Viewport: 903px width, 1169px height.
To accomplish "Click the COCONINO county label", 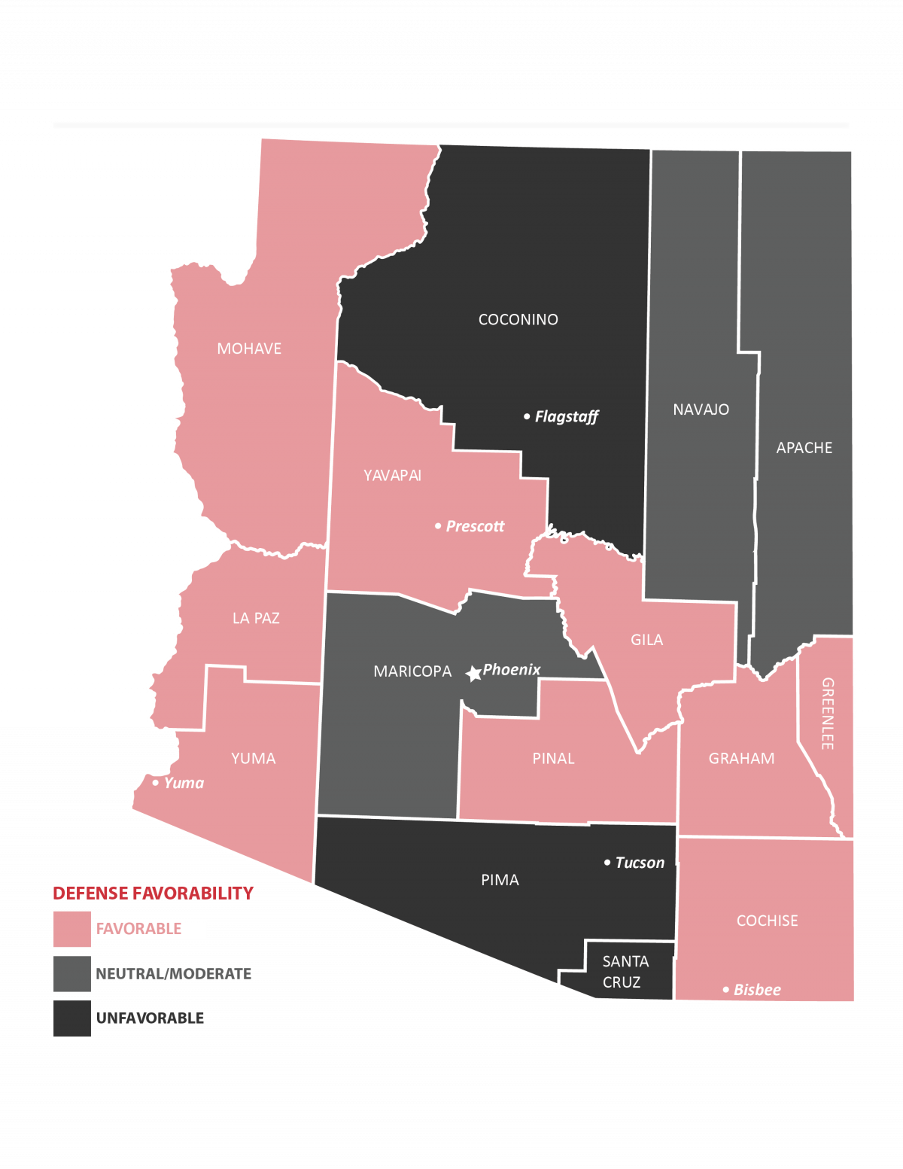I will (518, 320).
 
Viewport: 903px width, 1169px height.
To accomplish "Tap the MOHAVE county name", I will (249, 349).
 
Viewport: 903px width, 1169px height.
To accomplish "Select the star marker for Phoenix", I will (473, 674).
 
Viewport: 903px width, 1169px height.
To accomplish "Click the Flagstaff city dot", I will (527, 416).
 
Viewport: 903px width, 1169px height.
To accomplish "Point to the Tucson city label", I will (640, 863).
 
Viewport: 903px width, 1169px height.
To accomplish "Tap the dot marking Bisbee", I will (726, 990).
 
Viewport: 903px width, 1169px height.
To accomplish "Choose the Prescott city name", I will (475, 526).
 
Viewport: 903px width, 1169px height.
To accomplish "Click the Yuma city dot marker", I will (156, 783).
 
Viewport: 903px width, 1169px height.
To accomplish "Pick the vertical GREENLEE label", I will (827, 714).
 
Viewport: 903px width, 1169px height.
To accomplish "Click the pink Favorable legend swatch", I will (72, 929).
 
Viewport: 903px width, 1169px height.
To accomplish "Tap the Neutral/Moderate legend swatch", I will (72, 974).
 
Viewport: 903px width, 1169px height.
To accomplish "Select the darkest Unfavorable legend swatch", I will (72, 1018).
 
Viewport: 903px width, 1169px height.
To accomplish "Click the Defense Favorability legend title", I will (153, 893).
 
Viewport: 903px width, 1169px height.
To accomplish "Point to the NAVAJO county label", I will (701, 409).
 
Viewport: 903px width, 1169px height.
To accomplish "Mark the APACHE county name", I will (804, 448).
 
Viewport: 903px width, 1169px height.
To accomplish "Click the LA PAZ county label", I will (256, 618).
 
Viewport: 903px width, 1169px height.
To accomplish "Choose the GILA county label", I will (646, 640).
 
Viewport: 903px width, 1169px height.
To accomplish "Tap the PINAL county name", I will (553, 759).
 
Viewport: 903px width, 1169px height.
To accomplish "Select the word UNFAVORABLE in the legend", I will (150, 1018).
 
